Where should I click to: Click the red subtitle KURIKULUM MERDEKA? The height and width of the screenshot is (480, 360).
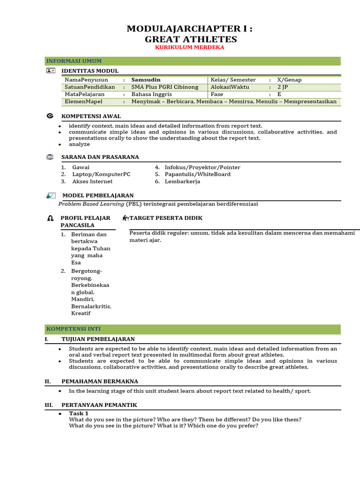tap(190, 47)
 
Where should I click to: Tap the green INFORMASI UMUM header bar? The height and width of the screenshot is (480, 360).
tap(193, 61)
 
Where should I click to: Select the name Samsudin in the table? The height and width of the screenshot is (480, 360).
tap(146, 80)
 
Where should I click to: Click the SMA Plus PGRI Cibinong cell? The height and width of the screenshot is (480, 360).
tap(165, 87)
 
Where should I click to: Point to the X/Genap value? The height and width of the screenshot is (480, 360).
tap(289, 80)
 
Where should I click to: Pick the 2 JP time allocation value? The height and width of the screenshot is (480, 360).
tap(283, 87)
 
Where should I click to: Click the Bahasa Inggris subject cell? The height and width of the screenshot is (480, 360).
tap(151, 94)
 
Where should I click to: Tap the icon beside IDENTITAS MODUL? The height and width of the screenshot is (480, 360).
tap(51, 70)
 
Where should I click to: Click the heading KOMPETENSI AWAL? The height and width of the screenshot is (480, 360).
tap(91, 116)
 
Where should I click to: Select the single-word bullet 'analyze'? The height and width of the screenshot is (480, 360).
tap(79, 144)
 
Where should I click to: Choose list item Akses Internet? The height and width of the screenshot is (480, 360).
tap(92, 181)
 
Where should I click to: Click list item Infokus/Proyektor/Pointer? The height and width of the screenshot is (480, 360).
tap(202, 167)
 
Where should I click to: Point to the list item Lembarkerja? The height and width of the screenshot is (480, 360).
tap(182, 181)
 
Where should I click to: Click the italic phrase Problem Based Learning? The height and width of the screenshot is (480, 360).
tap(91, 204)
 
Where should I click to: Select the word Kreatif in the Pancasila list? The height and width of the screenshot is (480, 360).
tap(81, 313)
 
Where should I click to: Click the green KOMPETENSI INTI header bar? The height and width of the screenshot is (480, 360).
tap(193, 329)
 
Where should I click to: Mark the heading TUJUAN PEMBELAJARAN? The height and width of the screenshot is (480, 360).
tap(98, 339)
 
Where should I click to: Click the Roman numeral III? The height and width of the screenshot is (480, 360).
tap(48, 405)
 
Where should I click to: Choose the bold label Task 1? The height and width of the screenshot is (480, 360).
tap(79, 413)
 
